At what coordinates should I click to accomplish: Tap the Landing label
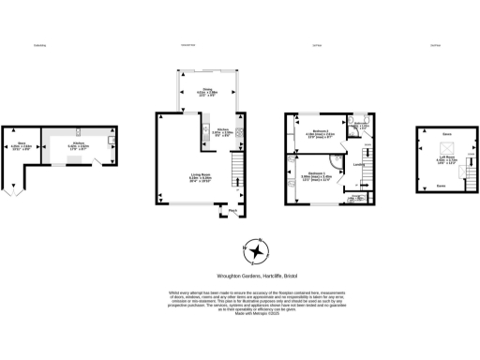(x=358, y=166)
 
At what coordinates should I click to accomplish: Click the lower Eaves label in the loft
(x=441, y=185)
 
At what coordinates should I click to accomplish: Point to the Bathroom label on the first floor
(x=359, y=124)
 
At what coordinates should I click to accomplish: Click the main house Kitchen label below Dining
(x=223, y=130)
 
